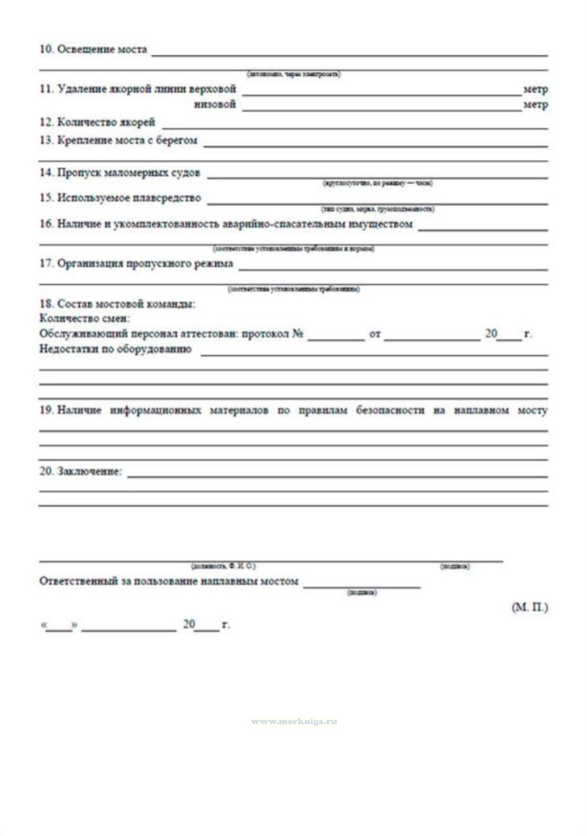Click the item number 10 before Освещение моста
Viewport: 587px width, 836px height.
click(46, 49)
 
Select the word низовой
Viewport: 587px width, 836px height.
click(215, 104)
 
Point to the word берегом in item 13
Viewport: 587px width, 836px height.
click(176, 140)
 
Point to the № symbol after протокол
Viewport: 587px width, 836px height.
click(298, 334)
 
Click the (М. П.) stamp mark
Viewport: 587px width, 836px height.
click(529, 607)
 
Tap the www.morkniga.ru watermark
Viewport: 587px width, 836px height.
click(294, 721)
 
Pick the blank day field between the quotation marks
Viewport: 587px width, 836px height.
click(59, 627)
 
